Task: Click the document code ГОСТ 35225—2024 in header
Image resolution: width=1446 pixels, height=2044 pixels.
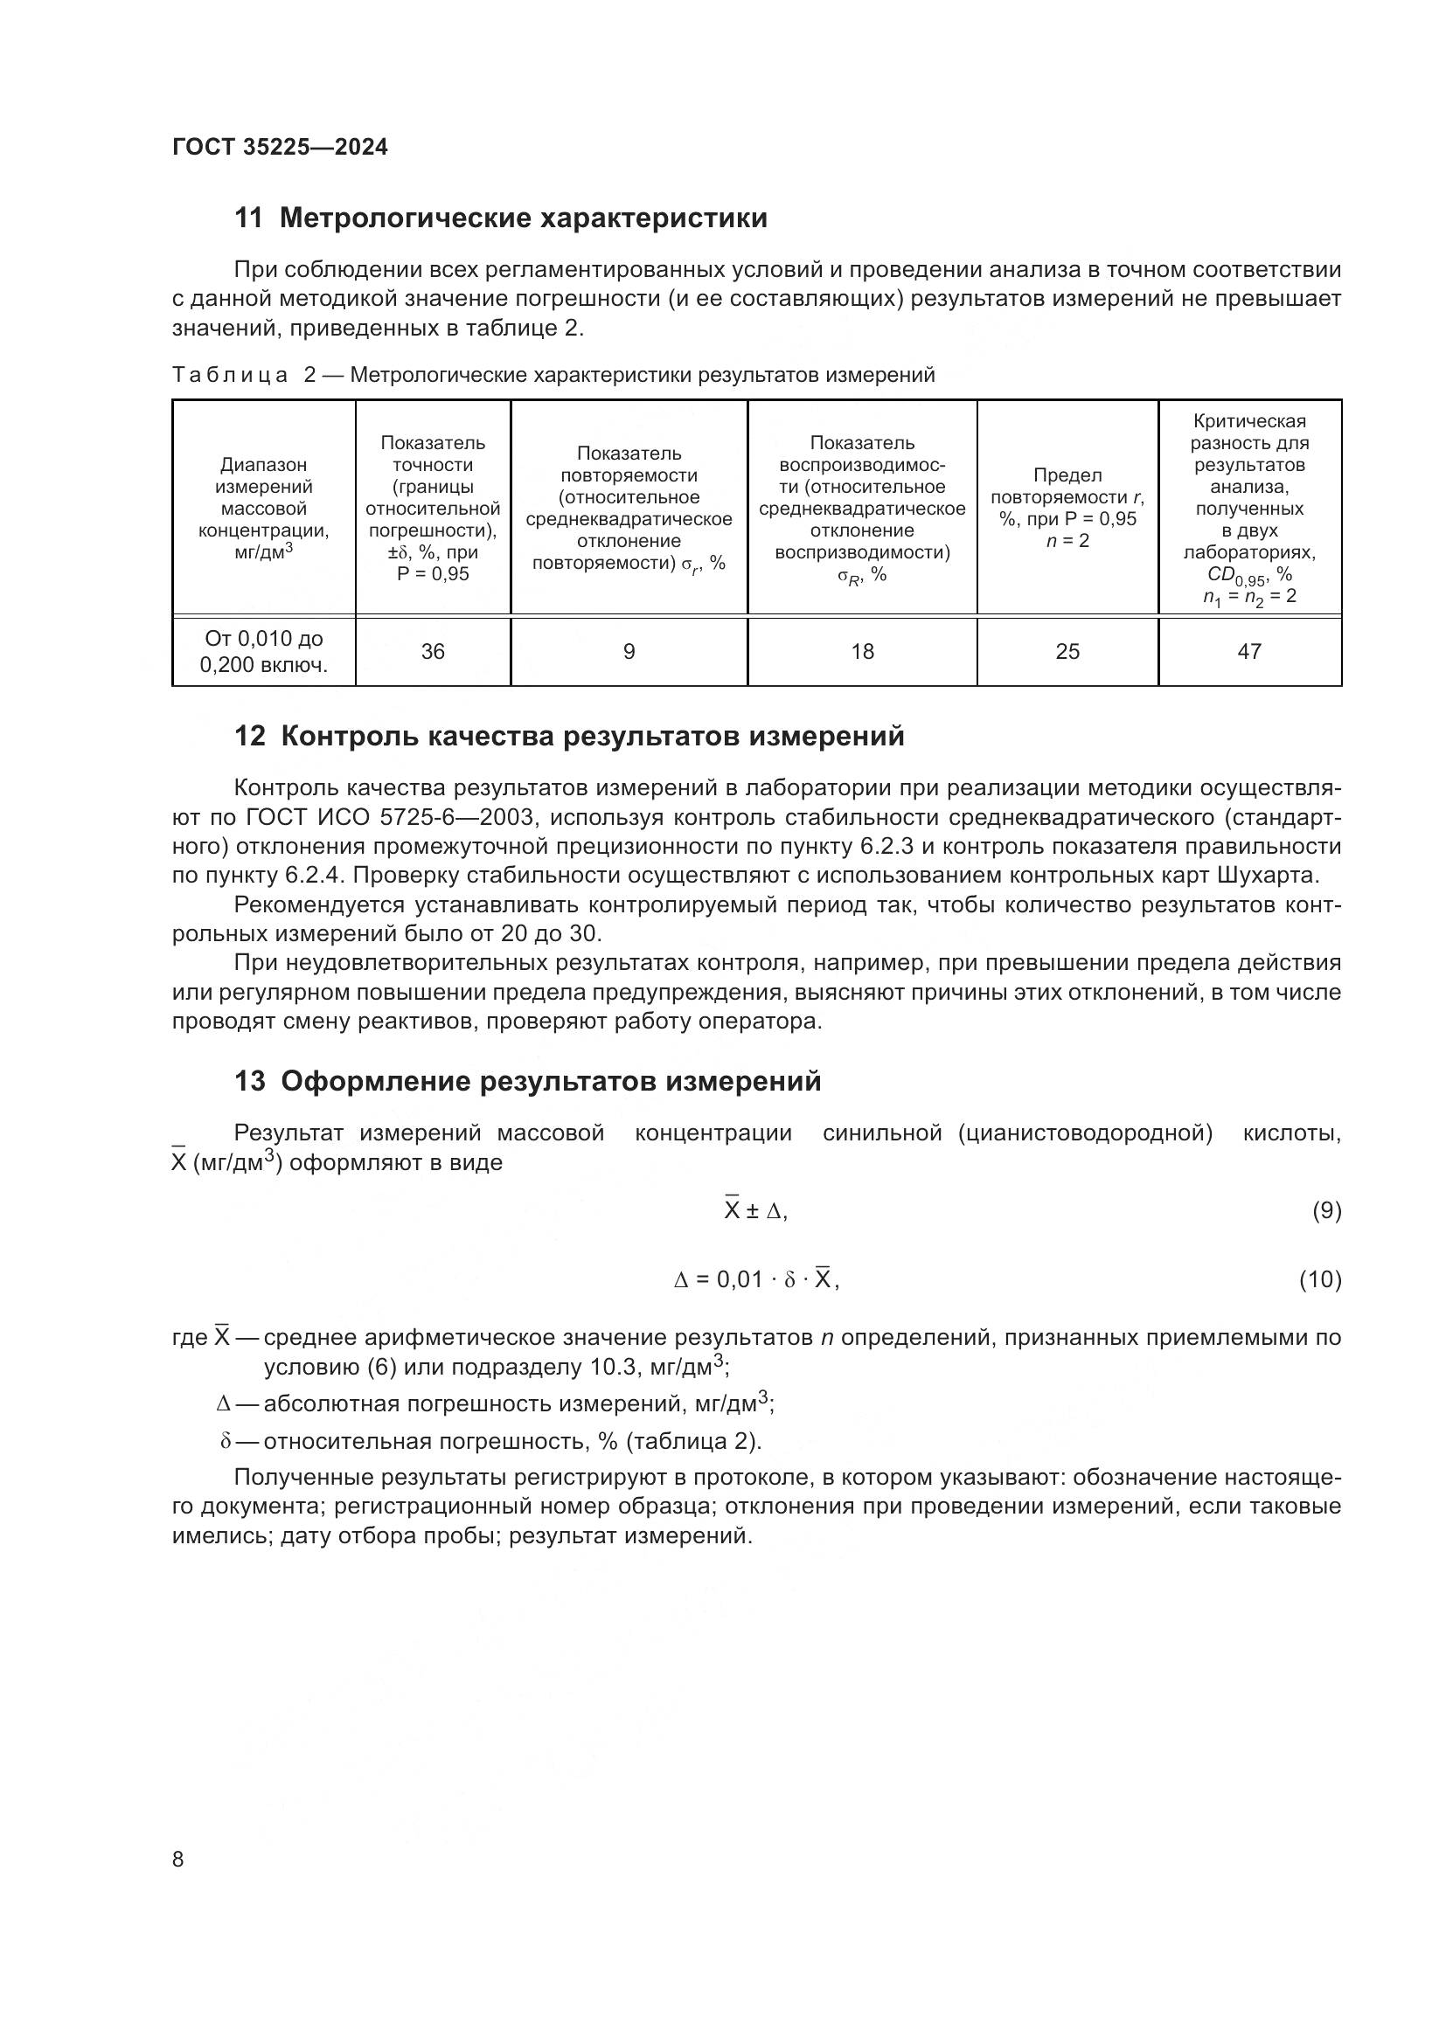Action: coord(280,148)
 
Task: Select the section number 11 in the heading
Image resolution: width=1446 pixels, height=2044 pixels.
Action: coord(248,218)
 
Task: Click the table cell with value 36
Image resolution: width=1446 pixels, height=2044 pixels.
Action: coord(433,652)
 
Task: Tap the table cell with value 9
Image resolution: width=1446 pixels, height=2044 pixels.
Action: coord(629,652)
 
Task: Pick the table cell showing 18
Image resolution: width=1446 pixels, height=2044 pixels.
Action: coord(862,652)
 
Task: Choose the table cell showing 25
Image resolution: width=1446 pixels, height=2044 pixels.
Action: coord(1067,652)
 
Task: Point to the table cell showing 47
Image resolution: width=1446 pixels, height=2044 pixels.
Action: coord(1249,652)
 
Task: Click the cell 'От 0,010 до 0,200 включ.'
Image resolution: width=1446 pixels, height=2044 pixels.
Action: coord(263,652)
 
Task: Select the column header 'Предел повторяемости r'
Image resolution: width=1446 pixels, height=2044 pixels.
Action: coord(1067,508)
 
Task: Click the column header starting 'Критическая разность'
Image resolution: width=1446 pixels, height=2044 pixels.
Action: coord(1249,508)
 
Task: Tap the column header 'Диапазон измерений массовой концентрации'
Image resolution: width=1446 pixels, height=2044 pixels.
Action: coord(263,508)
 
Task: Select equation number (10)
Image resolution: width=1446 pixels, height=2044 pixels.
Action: coord(1319,1280)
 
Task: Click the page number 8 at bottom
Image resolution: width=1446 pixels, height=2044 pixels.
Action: coord(178,1859)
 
